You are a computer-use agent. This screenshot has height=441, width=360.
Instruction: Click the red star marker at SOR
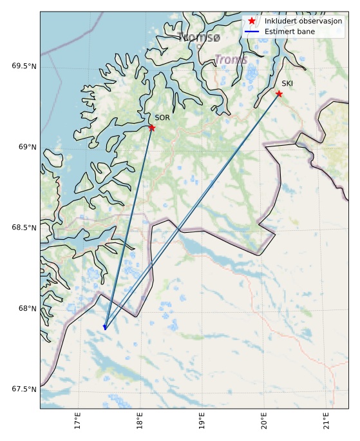pyautogui.click(x=152, y=128)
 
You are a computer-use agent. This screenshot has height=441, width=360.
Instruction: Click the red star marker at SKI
pyautogui.click(x=279, y=93)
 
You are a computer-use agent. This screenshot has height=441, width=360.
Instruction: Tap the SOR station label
pyautogui.click(x=162, y=117)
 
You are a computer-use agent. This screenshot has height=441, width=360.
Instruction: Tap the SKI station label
pyautogui.click(x=287, y=83)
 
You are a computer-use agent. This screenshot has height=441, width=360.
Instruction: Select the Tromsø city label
pyautogui.click(x=199, y=37)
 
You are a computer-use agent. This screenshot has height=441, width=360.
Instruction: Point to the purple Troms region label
pyautogui.click(x=231, y=60)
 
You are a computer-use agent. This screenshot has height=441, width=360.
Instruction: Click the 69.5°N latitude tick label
pyautogui.click(x=24, y=66)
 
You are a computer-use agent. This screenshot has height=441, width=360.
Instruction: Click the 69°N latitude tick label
pyautogui.click(x=26, y=147)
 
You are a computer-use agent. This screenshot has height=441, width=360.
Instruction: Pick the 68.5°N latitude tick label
pyautogui.click(x=24, y=228)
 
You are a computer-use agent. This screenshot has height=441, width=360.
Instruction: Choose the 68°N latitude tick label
pyautogui.click(x=26, y=308)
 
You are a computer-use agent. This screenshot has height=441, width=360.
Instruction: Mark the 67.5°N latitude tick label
pyautogui.click(x=24, y=389)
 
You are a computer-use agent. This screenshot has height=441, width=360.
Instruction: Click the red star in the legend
pyautogui.click(x=252, y=21)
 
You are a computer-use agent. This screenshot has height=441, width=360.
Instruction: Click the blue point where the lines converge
pyautogui.click(x=105, y=328)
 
